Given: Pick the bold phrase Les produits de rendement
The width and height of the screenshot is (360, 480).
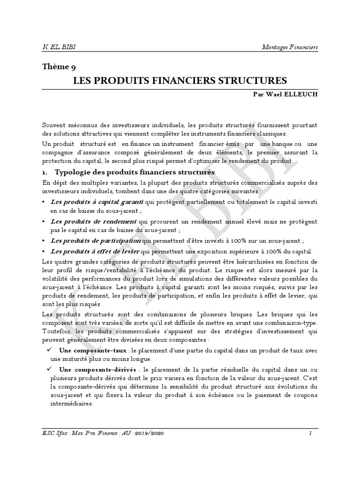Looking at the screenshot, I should (x=93, y=221).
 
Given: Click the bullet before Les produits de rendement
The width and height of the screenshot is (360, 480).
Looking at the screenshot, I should (x=44, y=221).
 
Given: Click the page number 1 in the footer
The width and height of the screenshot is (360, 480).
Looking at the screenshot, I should (x=310, y=432).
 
